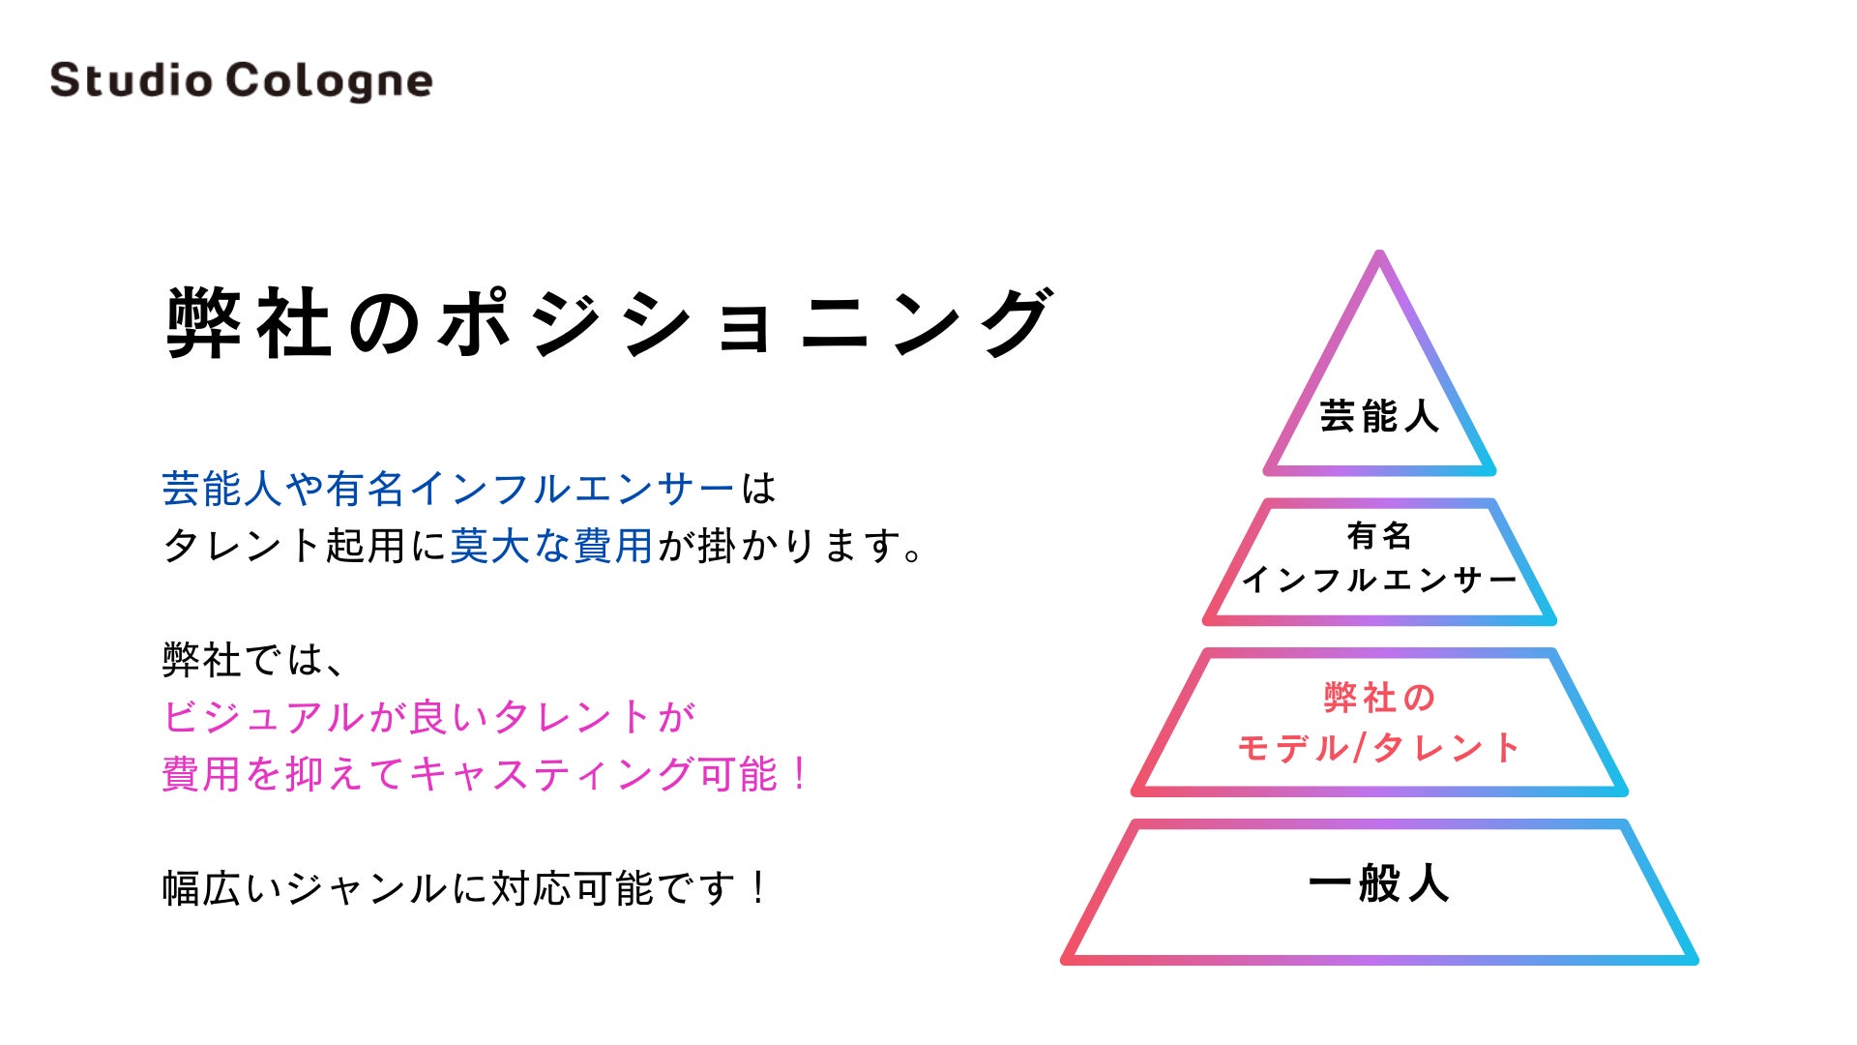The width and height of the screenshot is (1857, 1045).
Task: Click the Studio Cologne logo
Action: pyautogui.click(x=241, y=80)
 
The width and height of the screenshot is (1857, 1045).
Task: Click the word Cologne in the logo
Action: pyautogui.click(x=329, y=81)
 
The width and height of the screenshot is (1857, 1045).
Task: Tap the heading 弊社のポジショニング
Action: pyautogui.click(x=609, y=322)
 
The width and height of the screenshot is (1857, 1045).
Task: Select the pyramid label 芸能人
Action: pyautogui.click(x=1379, y=416)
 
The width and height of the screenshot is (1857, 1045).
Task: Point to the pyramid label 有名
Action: pyautogui.click(x=1379, y=535)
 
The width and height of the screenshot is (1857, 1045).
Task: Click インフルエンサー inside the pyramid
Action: pyautogui.click(x=1379, y=580)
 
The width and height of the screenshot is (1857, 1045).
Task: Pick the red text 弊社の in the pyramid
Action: pyautogui.click(x=1379, y=698)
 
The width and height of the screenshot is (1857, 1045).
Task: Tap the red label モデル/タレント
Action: pyautogui.click(x=1379, y=747)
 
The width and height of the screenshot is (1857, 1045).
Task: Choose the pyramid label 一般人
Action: pyautogui.click(x=1379, y=883)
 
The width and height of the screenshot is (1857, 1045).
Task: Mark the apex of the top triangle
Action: pyautogui.click(x=1380, y=256)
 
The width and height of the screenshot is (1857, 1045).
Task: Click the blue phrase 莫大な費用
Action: pyautogui.click(x=551, y=546)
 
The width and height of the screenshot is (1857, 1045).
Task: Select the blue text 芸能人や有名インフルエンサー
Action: pyautogui.click(x=448, y=489)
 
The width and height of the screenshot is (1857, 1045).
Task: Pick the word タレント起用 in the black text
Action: pyautogui.click(x=284, y=546)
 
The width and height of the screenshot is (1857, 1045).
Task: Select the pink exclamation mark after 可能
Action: pyautogui.click(x=799, y=774)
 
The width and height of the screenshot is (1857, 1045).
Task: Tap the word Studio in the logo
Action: pyautogui.click(x=131, y=80)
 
